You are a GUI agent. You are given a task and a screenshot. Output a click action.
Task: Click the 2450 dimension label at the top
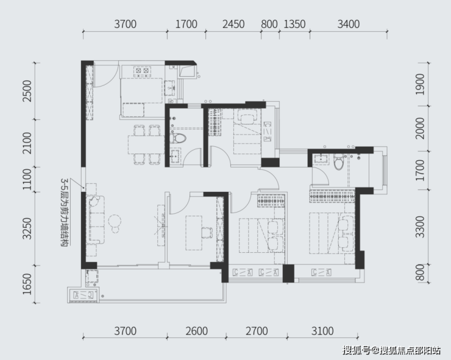pyautogui.click(x=233, y=24)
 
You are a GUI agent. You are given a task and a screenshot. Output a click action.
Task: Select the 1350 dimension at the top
pyautogui.click(x=294, y=24)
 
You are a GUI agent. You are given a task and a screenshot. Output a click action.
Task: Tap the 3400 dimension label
pyautogui.click(x=349, y=24)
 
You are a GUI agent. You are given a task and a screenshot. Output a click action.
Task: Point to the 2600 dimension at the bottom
pyautogui.click(x=196, y=331)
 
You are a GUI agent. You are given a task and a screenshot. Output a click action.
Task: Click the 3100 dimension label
pyautogui.click(x=322, y=331)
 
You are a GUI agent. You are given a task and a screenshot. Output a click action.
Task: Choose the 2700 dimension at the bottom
pyautogui.click(x=257, y=331)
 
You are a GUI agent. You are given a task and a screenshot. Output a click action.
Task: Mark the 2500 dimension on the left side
pyautogui.click(x=27, y=91)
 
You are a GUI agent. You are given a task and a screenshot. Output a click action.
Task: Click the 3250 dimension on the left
pyautogui.click(x=27, y=228)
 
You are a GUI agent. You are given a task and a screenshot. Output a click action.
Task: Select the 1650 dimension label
pyautogui.click(x=27, y=284)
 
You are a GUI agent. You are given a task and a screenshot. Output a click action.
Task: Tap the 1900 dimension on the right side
pyautogui.click(x=421, y=84)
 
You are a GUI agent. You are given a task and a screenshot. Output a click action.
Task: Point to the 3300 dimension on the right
pyautogui.click(x=421, y=227)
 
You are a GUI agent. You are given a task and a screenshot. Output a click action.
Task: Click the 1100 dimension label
pyautogui.click(x=27, y=179)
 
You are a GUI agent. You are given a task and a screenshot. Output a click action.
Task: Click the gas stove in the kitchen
pyautogui.click(x=143, y=71)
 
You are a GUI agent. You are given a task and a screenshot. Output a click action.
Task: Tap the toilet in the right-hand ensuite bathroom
pyautogui.click(x=339, y=161)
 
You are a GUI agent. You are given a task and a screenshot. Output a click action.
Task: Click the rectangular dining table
pyautogui.click(x=146, y=144)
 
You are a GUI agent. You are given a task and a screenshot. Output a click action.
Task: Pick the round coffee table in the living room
pyautogui.click(x=115, y=221)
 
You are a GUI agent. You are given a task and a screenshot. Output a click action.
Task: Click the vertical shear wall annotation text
pyautogui.click(x=64, y=212)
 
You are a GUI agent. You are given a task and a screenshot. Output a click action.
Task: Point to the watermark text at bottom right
pyautogui.click(x=392, y=350)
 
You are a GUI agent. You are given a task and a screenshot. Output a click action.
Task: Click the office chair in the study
pyautogui.click(x=207, y=233)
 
